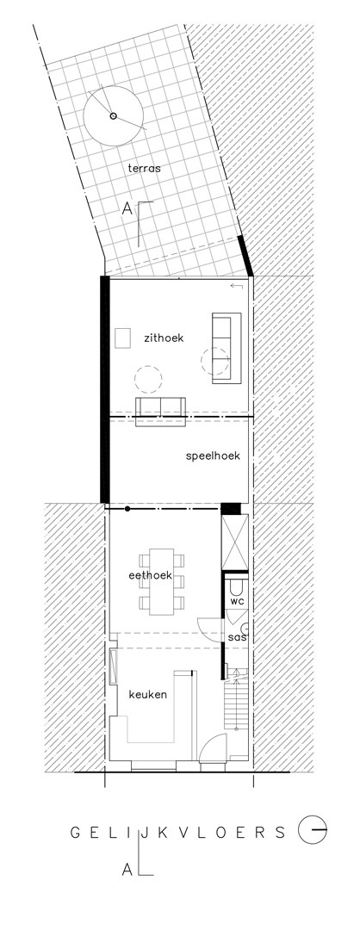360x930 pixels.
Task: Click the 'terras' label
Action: coord(144,169)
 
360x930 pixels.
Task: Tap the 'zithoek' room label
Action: coord(164,338)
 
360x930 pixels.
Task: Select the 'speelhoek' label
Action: coord(213,456)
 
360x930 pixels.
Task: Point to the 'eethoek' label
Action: coord(150,575)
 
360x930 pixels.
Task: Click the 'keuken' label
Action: coord(147,695)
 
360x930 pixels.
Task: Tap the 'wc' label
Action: coord(237,601)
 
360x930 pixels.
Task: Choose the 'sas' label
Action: coord(237,637)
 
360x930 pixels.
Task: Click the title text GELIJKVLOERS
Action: coord(178,833)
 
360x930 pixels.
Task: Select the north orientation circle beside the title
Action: coord(313,830)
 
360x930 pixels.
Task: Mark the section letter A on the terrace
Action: coord(127,208)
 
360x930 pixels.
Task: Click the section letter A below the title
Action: coord(127,870)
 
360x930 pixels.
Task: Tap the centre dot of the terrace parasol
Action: coord(114,116)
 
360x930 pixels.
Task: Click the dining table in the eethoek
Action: coord(161,581)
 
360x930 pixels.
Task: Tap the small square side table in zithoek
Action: coord(123,338)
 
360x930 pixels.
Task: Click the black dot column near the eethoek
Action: coord(127,508)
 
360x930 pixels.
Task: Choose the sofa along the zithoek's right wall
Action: coord(227,348)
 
